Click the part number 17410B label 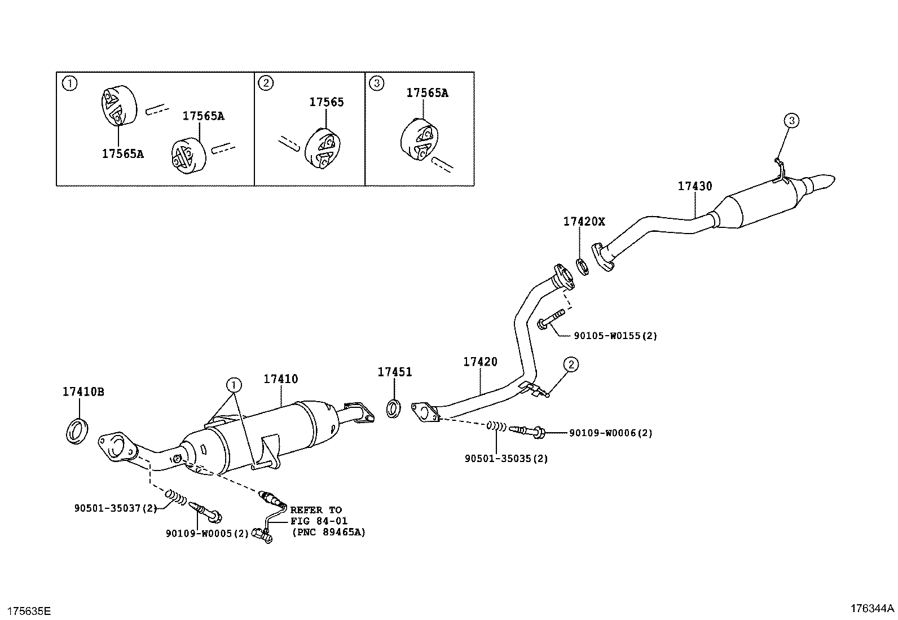click(83, 392)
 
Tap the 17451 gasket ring click(394, 408)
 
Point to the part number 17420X click(583, 222)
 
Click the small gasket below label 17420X click(583, 266)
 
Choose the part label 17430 click(694, 186)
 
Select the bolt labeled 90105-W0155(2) click(552, 318)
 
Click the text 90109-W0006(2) click(610, 433)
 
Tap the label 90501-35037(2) click(116, 508)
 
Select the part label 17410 click(280, 379)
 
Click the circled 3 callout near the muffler click(791, 120)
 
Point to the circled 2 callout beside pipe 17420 click(570, 365)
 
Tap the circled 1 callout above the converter click(233, 385)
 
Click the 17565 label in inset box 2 click(326, 102)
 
